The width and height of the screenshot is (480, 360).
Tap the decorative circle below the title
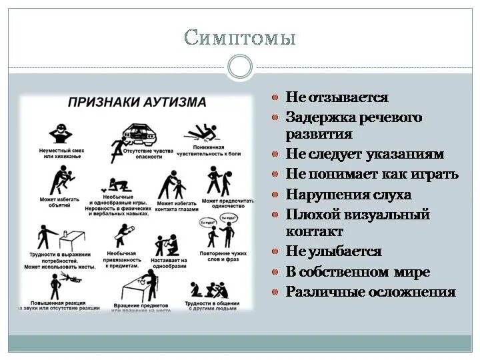coord(240,67)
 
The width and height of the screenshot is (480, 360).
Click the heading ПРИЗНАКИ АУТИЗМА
coord(137,102)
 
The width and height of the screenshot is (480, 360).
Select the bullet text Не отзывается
coord(337,97)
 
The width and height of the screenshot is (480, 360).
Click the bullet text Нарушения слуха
coord(349,195)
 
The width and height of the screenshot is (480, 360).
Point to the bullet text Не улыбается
coord(333,251)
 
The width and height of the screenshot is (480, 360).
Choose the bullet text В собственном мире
coord(358,272)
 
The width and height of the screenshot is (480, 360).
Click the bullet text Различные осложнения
coord(371,292)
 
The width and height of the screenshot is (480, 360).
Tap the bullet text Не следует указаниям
coord(365,154)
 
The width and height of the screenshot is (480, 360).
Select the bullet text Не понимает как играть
coord(372,175)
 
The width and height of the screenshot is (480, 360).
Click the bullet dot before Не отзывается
coord(275,97)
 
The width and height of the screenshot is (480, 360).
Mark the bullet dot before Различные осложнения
coord(275,292)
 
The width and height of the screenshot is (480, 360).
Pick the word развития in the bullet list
coord(319,133)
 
